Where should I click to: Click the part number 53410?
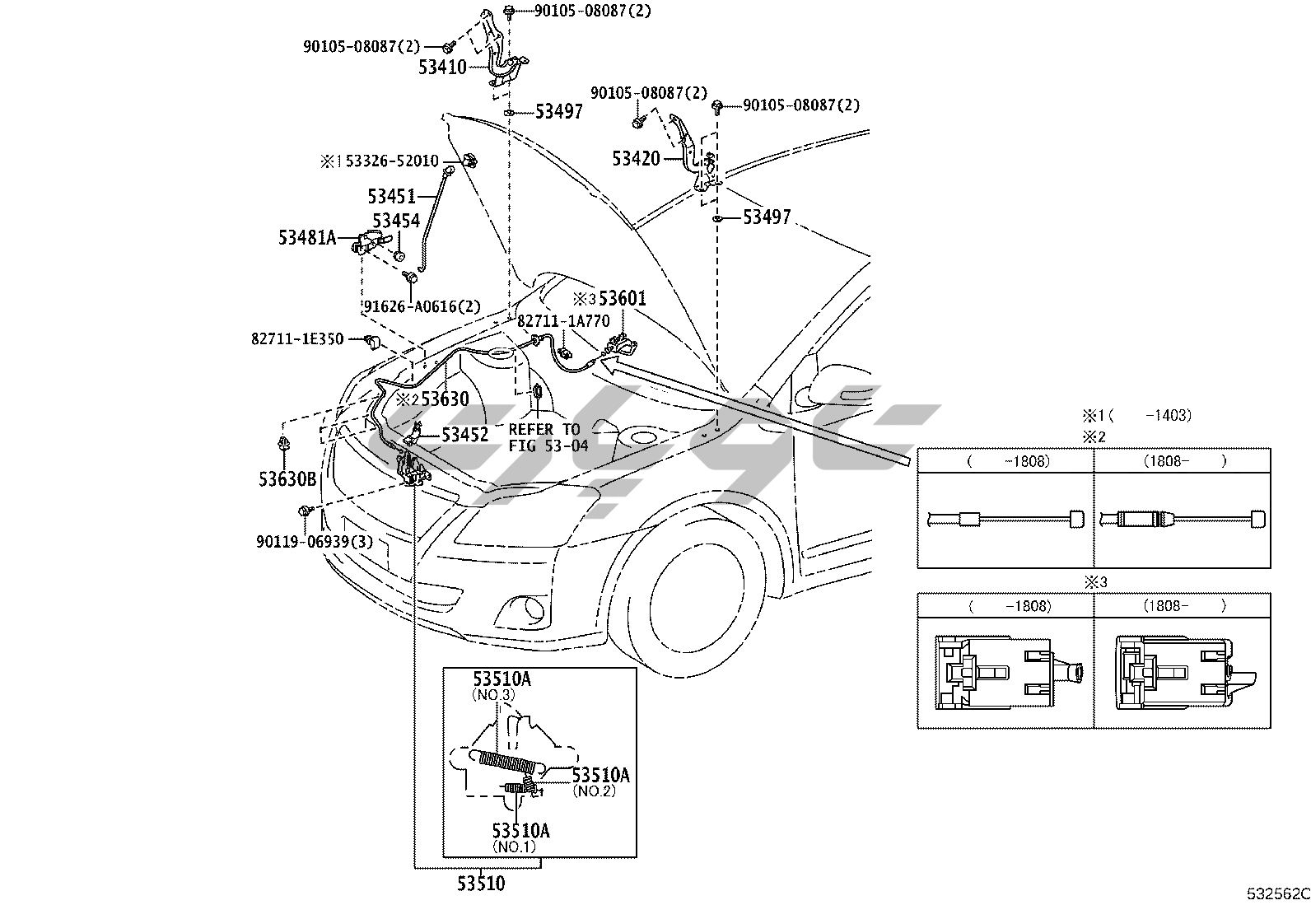442,68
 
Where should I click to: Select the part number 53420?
636,159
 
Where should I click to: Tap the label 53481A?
307,238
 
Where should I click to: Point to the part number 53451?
391,196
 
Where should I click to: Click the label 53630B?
287,479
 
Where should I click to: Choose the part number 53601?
622,299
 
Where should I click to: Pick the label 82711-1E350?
297,339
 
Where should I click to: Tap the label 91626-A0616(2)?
422,306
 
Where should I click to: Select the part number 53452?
464,435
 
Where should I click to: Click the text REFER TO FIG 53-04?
548,437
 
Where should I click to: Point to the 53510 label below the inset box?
481,884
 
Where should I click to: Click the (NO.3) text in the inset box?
493,695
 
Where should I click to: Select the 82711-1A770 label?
563,322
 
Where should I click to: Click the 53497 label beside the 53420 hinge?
767,217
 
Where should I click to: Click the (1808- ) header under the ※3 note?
1183,606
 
